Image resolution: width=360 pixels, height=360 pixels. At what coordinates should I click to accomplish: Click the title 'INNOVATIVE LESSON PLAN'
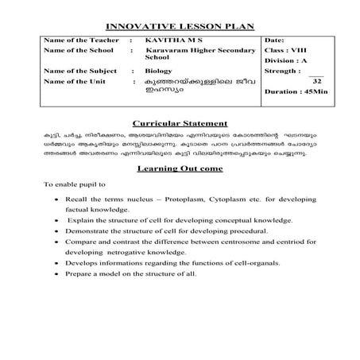[180, 26]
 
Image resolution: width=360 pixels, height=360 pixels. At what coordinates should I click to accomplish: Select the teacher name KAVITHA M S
[170, 39]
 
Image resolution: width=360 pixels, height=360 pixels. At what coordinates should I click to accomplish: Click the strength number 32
[317, 81]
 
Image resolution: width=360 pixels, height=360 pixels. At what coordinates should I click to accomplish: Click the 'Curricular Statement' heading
[180, 124]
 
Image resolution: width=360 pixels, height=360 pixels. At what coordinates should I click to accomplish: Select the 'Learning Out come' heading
[180, 168]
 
